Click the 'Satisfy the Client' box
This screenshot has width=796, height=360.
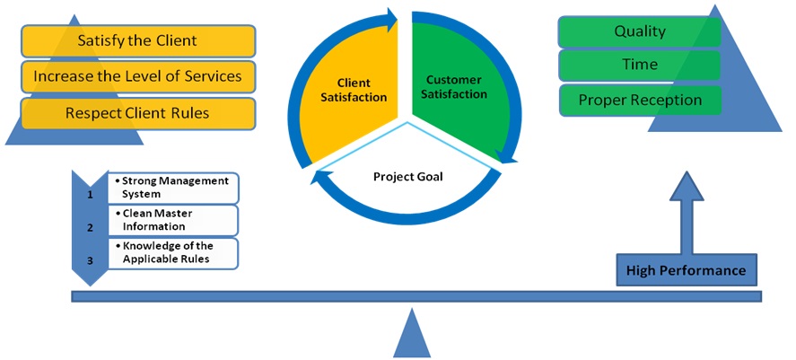click(x=138, y=40)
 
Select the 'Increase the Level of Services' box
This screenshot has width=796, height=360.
click(x=138, y=77)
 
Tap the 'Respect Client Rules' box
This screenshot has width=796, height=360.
click(x=138, y=113)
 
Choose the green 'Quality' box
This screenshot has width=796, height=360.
click(x=640, y=31)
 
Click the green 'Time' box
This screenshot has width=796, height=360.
click(x=640, y=65)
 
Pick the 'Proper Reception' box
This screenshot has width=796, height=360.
click(x=640, y=100)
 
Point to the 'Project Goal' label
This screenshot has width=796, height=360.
click(x=408, y=177)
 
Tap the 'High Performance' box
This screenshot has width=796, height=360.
click(x=686, y=270)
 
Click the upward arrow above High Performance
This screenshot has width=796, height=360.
click(x=687, y=213)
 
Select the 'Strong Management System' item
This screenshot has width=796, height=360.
click(x=173, y=188)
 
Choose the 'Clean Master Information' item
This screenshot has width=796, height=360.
click(x=173, y=221)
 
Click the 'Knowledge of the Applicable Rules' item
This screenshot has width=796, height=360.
click(x=173, y=253)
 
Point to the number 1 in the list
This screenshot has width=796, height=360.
click(x=90, y=195)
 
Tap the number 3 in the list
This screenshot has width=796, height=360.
click(x=90, y=261)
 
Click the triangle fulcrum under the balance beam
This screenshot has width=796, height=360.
click(x=412, y=334)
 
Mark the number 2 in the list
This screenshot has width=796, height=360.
click(x=90, y=228)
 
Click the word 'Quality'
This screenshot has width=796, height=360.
click(x=640, y=31)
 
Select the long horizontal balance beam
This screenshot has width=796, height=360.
click(x=416, y=296)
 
